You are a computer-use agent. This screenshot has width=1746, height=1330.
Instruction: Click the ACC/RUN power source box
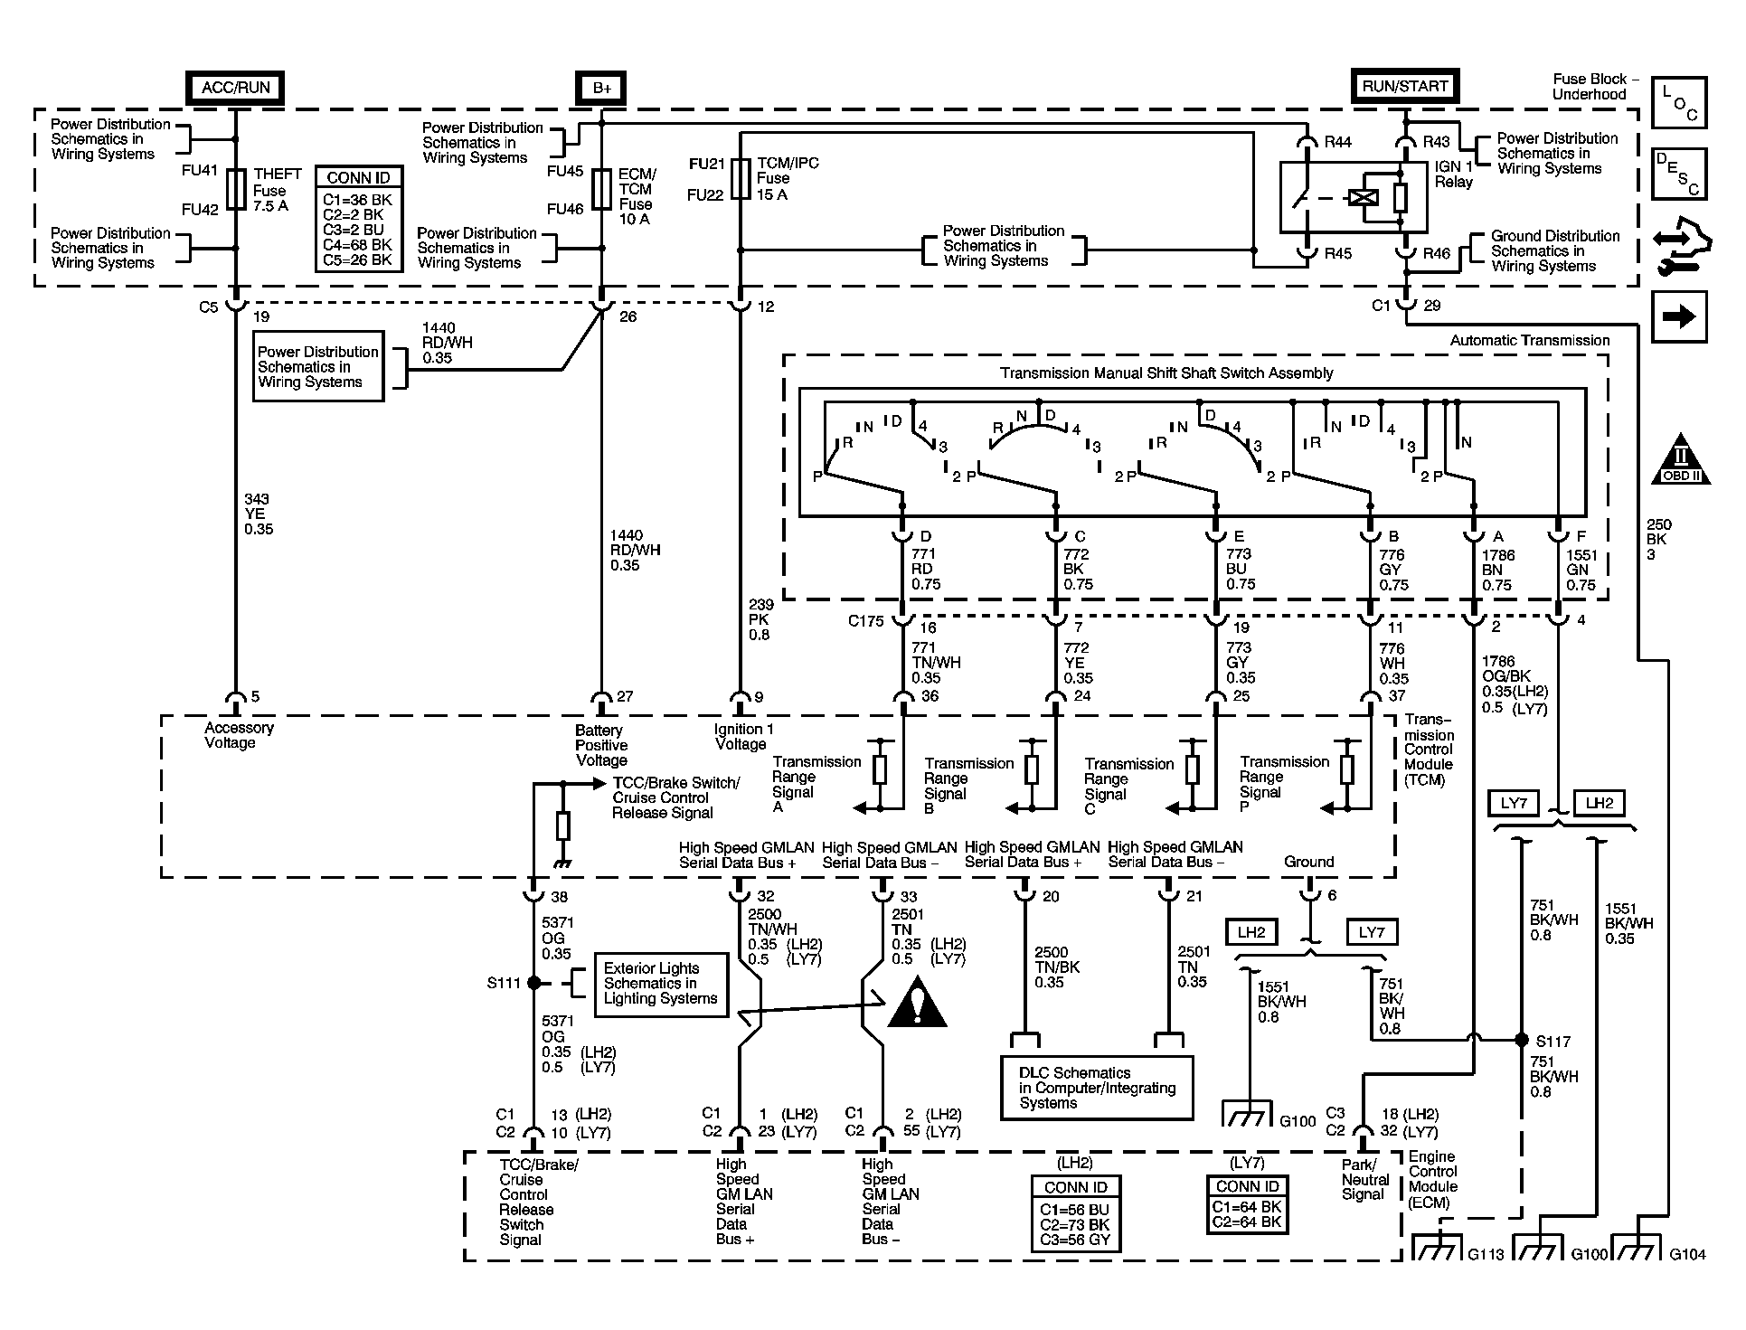coord(235,89)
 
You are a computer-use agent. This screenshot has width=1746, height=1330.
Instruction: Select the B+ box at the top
coord(601,89)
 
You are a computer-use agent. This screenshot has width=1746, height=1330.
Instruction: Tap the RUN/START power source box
coord(1404,87)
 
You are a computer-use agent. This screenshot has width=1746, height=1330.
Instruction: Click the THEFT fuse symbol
coord(236,190)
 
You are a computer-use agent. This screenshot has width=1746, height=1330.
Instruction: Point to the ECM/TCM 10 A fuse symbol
coord(602,190)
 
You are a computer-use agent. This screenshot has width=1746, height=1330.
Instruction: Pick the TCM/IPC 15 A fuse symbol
coord(741,179)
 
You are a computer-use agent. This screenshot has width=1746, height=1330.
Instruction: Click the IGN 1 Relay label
coord(1454,175)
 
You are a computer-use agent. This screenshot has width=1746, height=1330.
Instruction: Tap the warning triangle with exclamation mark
coord(917,1004)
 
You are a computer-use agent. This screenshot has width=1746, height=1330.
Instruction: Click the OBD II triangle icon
coord(1681,458)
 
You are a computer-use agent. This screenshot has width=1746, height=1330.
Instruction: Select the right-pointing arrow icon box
coord(1679,316)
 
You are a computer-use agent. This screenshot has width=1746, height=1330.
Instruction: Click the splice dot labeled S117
coord(1522,1040)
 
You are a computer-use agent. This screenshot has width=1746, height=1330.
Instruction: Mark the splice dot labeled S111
coord(534,983)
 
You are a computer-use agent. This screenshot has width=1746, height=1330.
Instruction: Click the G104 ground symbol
coord(1638,1249)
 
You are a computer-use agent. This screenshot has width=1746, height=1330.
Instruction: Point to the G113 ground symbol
coord(1437,1249)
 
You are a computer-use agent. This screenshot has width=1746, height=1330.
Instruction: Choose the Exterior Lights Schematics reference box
coord(661,984)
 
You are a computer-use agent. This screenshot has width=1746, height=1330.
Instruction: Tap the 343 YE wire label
coord(258,514)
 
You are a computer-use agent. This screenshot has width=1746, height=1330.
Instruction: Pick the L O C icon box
coord(1679,103)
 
